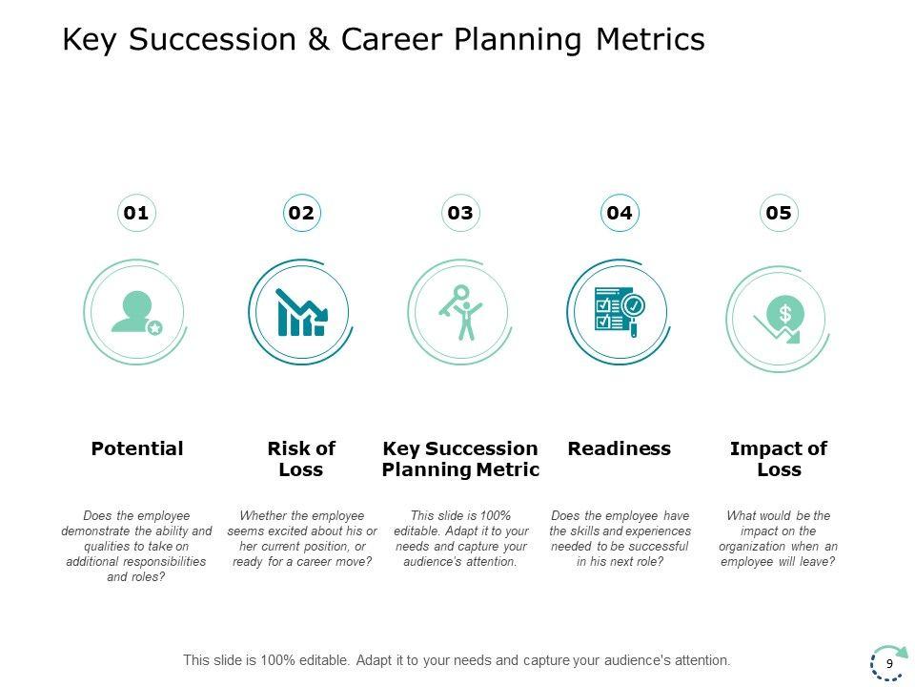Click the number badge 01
[136, 213]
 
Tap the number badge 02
[301, 213]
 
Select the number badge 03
[460, 213]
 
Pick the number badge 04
[620, 213]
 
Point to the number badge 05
[779, 213]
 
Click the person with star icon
[135, 312]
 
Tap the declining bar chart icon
[300, 312]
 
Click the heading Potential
[136, 448]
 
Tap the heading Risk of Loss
[301, 459]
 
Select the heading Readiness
[620, 448]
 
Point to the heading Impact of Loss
[779, 459]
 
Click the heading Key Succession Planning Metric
[460, 459]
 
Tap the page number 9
[889, 663]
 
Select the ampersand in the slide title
[318, 40]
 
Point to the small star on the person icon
[155, 327]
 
